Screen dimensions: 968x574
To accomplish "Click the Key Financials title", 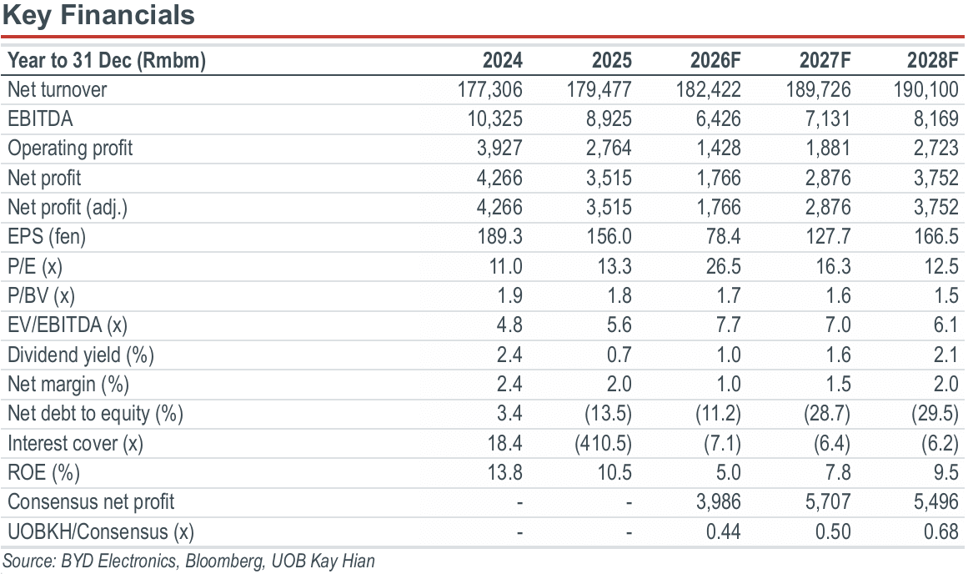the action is click(98, 15).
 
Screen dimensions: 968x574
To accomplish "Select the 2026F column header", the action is click(715, 60).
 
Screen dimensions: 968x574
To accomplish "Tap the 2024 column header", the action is click(503, 60).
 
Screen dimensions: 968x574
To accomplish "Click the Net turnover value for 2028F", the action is click(926, 89).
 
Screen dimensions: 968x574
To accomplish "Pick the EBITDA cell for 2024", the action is click(495, 118).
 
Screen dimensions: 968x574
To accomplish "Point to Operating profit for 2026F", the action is click(719, 149).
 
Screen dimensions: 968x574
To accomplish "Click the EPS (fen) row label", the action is click(47, 237).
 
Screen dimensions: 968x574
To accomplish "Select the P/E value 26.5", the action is click(724, 266).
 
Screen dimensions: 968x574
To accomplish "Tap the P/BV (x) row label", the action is click(41, 296).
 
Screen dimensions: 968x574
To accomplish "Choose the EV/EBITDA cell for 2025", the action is click(619, 325).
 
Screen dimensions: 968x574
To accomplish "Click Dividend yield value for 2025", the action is click(619, 355).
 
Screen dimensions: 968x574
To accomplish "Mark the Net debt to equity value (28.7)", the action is click(827, 413).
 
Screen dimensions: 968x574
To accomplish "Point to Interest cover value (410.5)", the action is click(603, 443).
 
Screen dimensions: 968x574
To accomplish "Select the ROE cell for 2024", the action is click(505, 473).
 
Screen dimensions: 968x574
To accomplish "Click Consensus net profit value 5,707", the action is click(828, 501).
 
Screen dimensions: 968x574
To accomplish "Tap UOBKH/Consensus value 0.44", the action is click(724, 531).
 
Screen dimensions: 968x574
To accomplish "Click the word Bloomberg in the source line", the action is click(223, 561).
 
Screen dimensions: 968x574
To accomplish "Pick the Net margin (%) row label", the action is click(68, 385).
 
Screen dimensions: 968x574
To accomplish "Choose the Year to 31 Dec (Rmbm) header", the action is click(107, 61).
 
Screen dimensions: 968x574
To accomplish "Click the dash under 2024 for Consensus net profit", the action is click(519, 503).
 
